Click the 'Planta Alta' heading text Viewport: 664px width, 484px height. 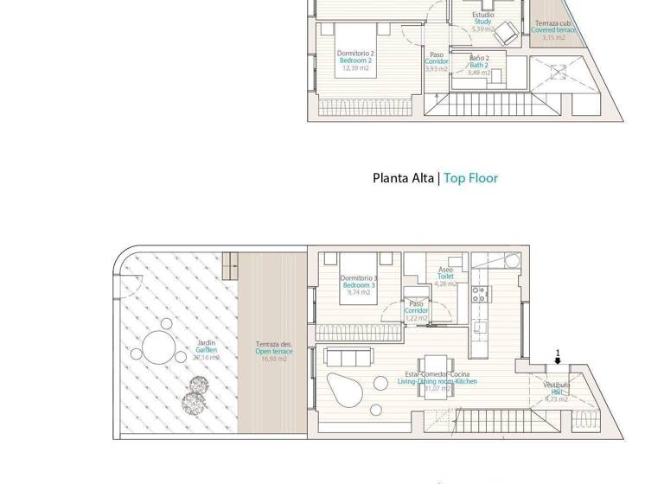(x=403, y=179)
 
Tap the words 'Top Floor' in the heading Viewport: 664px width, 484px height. (x=470, y=179)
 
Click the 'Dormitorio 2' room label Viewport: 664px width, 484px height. (x=355, y=54)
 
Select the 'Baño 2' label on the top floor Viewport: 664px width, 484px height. (x=479, y=58)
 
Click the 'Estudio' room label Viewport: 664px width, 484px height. (x=483, y=16)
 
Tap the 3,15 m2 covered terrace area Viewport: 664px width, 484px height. (x=553, y=38)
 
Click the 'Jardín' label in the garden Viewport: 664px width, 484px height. (x=206, y=343)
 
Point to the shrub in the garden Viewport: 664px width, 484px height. (x=195, y=399)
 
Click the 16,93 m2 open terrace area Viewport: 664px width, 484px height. (x=273, y=359)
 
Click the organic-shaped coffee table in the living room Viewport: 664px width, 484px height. (x=344, y=388)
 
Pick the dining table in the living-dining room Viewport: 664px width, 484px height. (x=433, y=366)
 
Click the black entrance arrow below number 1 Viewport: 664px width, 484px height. (x=558, y=360)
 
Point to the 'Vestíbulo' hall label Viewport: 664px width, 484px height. (x=557, y=385)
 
